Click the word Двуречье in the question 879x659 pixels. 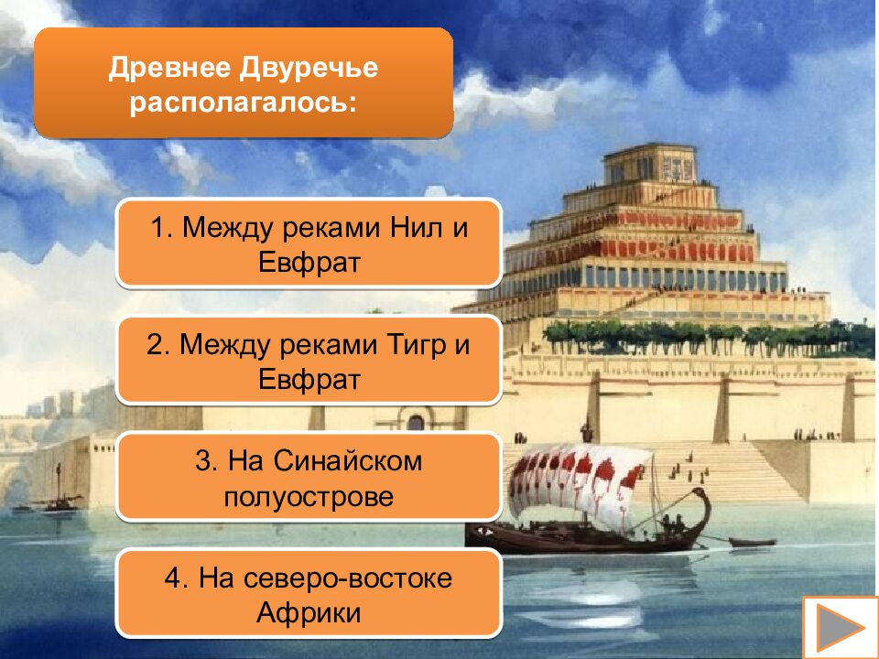[x=309, y=68]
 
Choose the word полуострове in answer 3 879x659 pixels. [x=309, y=497]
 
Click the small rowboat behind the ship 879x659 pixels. [x=751, y=542]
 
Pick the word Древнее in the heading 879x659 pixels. [x=171, y=68]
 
